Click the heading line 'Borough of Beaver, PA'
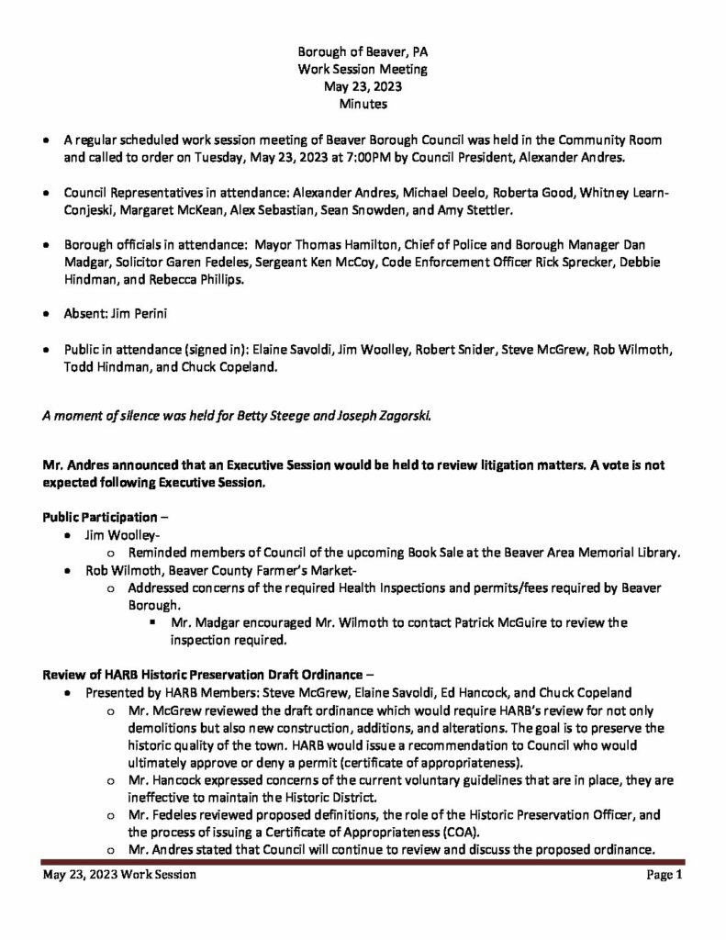pyautogui.click(x=363, y=51)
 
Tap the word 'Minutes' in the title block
pyautogui.click(x=363, y=105)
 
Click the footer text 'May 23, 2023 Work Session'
pyautogui.click(x=119, y=876)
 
